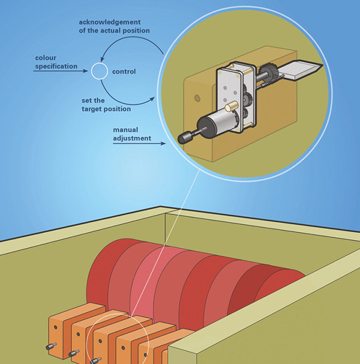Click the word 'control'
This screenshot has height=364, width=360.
[123, 72]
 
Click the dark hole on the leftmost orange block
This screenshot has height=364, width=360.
[54, 329]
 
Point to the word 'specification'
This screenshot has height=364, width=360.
[54, 66]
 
